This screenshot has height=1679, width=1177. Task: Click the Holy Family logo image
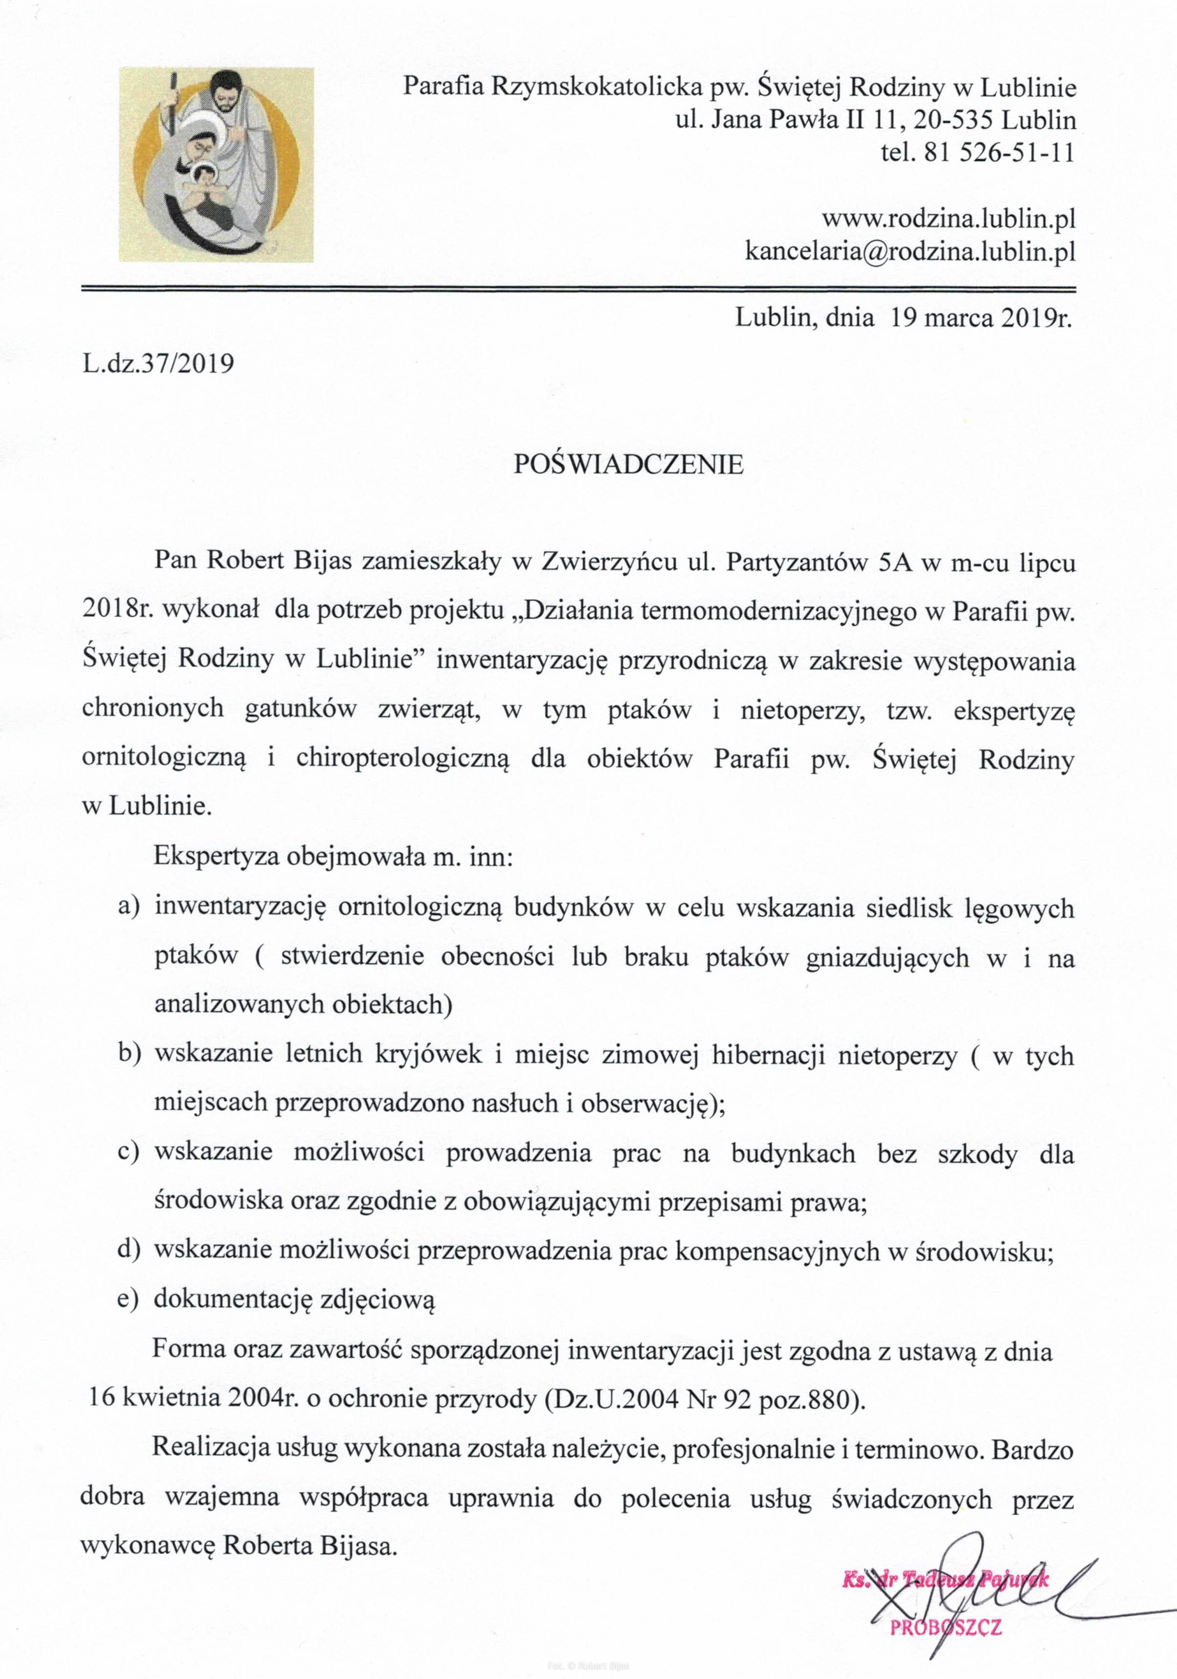(x=216, y=165)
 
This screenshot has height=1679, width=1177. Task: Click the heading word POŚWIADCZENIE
(x=628, y=464)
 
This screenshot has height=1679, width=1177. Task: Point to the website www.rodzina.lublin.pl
(x=948, y=218)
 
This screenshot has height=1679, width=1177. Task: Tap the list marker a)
(x=128, y=908)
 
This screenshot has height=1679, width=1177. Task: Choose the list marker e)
(x=128, y=1299)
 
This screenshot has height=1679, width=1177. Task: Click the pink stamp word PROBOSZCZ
(x=945, y=1627)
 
